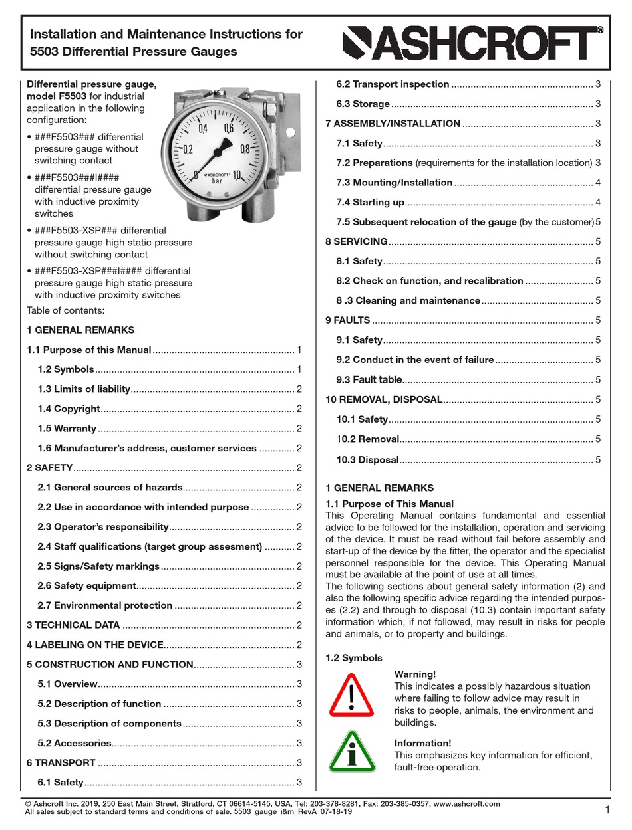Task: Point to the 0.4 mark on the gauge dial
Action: coord(203,128)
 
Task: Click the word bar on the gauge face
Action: coord(217,180)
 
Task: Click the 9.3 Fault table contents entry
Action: coord(369,380)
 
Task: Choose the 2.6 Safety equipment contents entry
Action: coord(87,585)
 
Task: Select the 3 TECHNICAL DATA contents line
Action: coord(73,625)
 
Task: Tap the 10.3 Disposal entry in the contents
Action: coord(367,459)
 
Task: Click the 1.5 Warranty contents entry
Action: coord(67,429)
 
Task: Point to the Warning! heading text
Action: coord(415,674)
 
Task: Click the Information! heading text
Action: coord(422,743)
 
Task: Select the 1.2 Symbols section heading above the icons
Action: coord(354,658)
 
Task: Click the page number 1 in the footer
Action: coord(607,809)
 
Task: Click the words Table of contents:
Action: coord(65,310)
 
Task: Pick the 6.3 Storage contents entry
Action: coord(363,104)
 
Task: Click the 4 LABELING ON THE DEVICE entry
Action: coord(95,645)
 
